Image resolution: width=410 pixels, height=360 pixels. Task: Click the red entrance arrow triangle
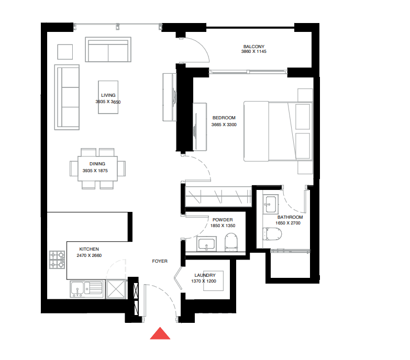coord(160,333)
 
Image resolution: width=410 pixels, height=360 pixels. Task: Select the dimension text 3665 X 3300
coord(224,125)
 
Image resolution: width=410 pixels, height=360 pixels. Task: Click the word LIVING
coord(108,95)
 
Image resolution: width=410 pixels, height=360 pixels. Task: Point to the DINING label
coord(97,164)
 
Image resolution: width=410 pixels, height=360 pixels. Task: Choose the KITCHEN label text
coord(89,249)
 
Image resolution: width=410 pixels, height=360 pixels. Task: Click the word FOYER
coord(160,261)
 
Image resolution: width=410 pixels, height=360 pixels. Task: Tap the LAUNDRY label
coord(204,275)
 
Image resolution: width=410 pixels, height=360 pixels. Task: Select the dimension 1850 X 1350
coord(223,226)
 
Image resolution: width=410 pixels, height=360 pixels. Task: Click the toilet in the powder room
coord(231,243)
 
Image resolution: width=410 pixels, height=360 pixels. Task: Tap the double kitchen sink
coord(86,288)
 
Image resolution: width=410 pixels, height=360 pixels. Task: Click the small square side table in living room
coord(65,52)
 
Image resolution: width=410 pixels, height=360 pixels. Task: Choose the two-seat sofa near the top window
coord(107,51)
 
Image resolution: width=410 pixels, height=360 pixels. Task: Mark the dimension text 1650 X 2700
coord(289,223)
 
